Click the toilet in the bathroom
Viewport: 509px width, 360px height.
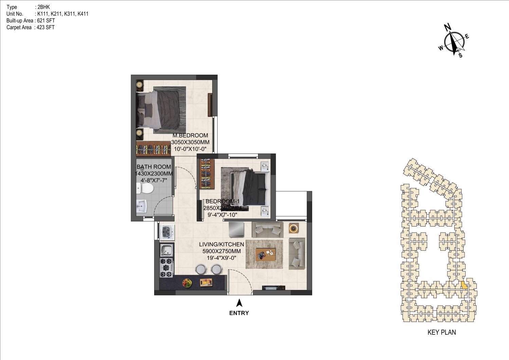click(x=145, y=188)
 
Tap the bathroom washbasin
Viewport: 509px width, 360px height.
click(x=142, y=206)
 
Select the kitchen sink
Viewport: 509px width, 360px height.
click(x=167, y=250)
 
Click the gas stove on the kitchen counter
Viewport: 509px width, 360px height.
click(x=167, y=268)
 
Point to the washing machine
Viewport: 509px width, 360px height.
click(x=167, y=232)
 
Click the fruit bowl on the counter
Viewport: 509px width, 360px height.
click(x=187, y=283)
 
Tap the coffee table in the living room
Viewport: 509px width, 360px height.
click(x=266, y=254)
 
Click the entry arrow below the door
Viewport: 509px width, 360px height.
click(x=239, y=303)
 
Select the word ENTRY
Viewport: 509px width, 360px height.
click(x=239, y=313)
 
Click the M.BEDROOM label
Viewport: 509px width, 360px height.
click(x=190, y=136)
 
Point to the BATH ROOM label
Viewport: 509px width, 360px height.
click(x=153, y=167)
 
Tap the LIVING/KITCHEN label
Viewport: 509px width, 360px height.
click(x=221, y=244)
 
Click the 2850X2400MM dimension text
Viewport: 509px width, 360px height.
click(x=222, y=208)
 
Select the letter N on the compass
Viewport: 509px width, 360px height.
click(x=448, y=27)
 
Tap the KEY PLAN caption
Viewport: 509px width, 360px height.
click(x=441, y=332)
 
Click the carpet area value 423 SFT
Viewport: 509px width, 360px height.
click(x=46, y=28)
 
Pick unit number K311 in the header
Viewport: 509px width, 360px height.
click(x=70, y=14)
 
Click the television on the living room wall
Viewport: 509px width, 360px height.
click(x=274, y=288)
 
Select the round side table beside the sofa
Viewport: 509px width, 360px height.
click(x=294, y=228)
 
